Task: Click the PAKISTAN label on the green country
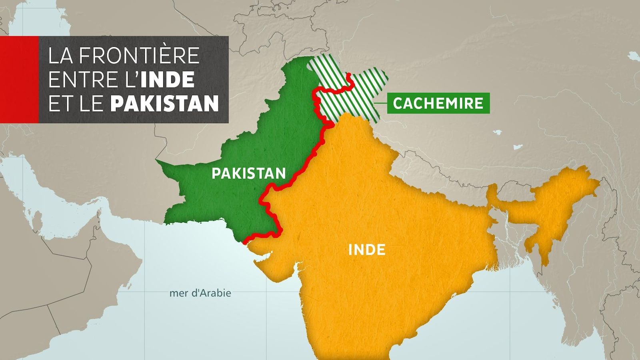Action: (x=248, y=173)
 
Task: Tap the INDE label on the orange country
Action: (x=367, y=250)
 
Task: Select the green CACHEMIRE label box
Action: (x=438, y=103)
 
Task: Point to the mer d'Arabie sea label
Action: (x=200, y=293)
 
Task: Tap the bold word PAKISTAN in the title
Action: (x=164, y=103)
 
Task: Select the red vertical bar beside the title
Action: (x=19, y=80)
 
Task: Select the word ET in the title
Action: (x=59, y=103)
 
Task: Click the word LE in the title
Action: (x=90, y=103)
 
